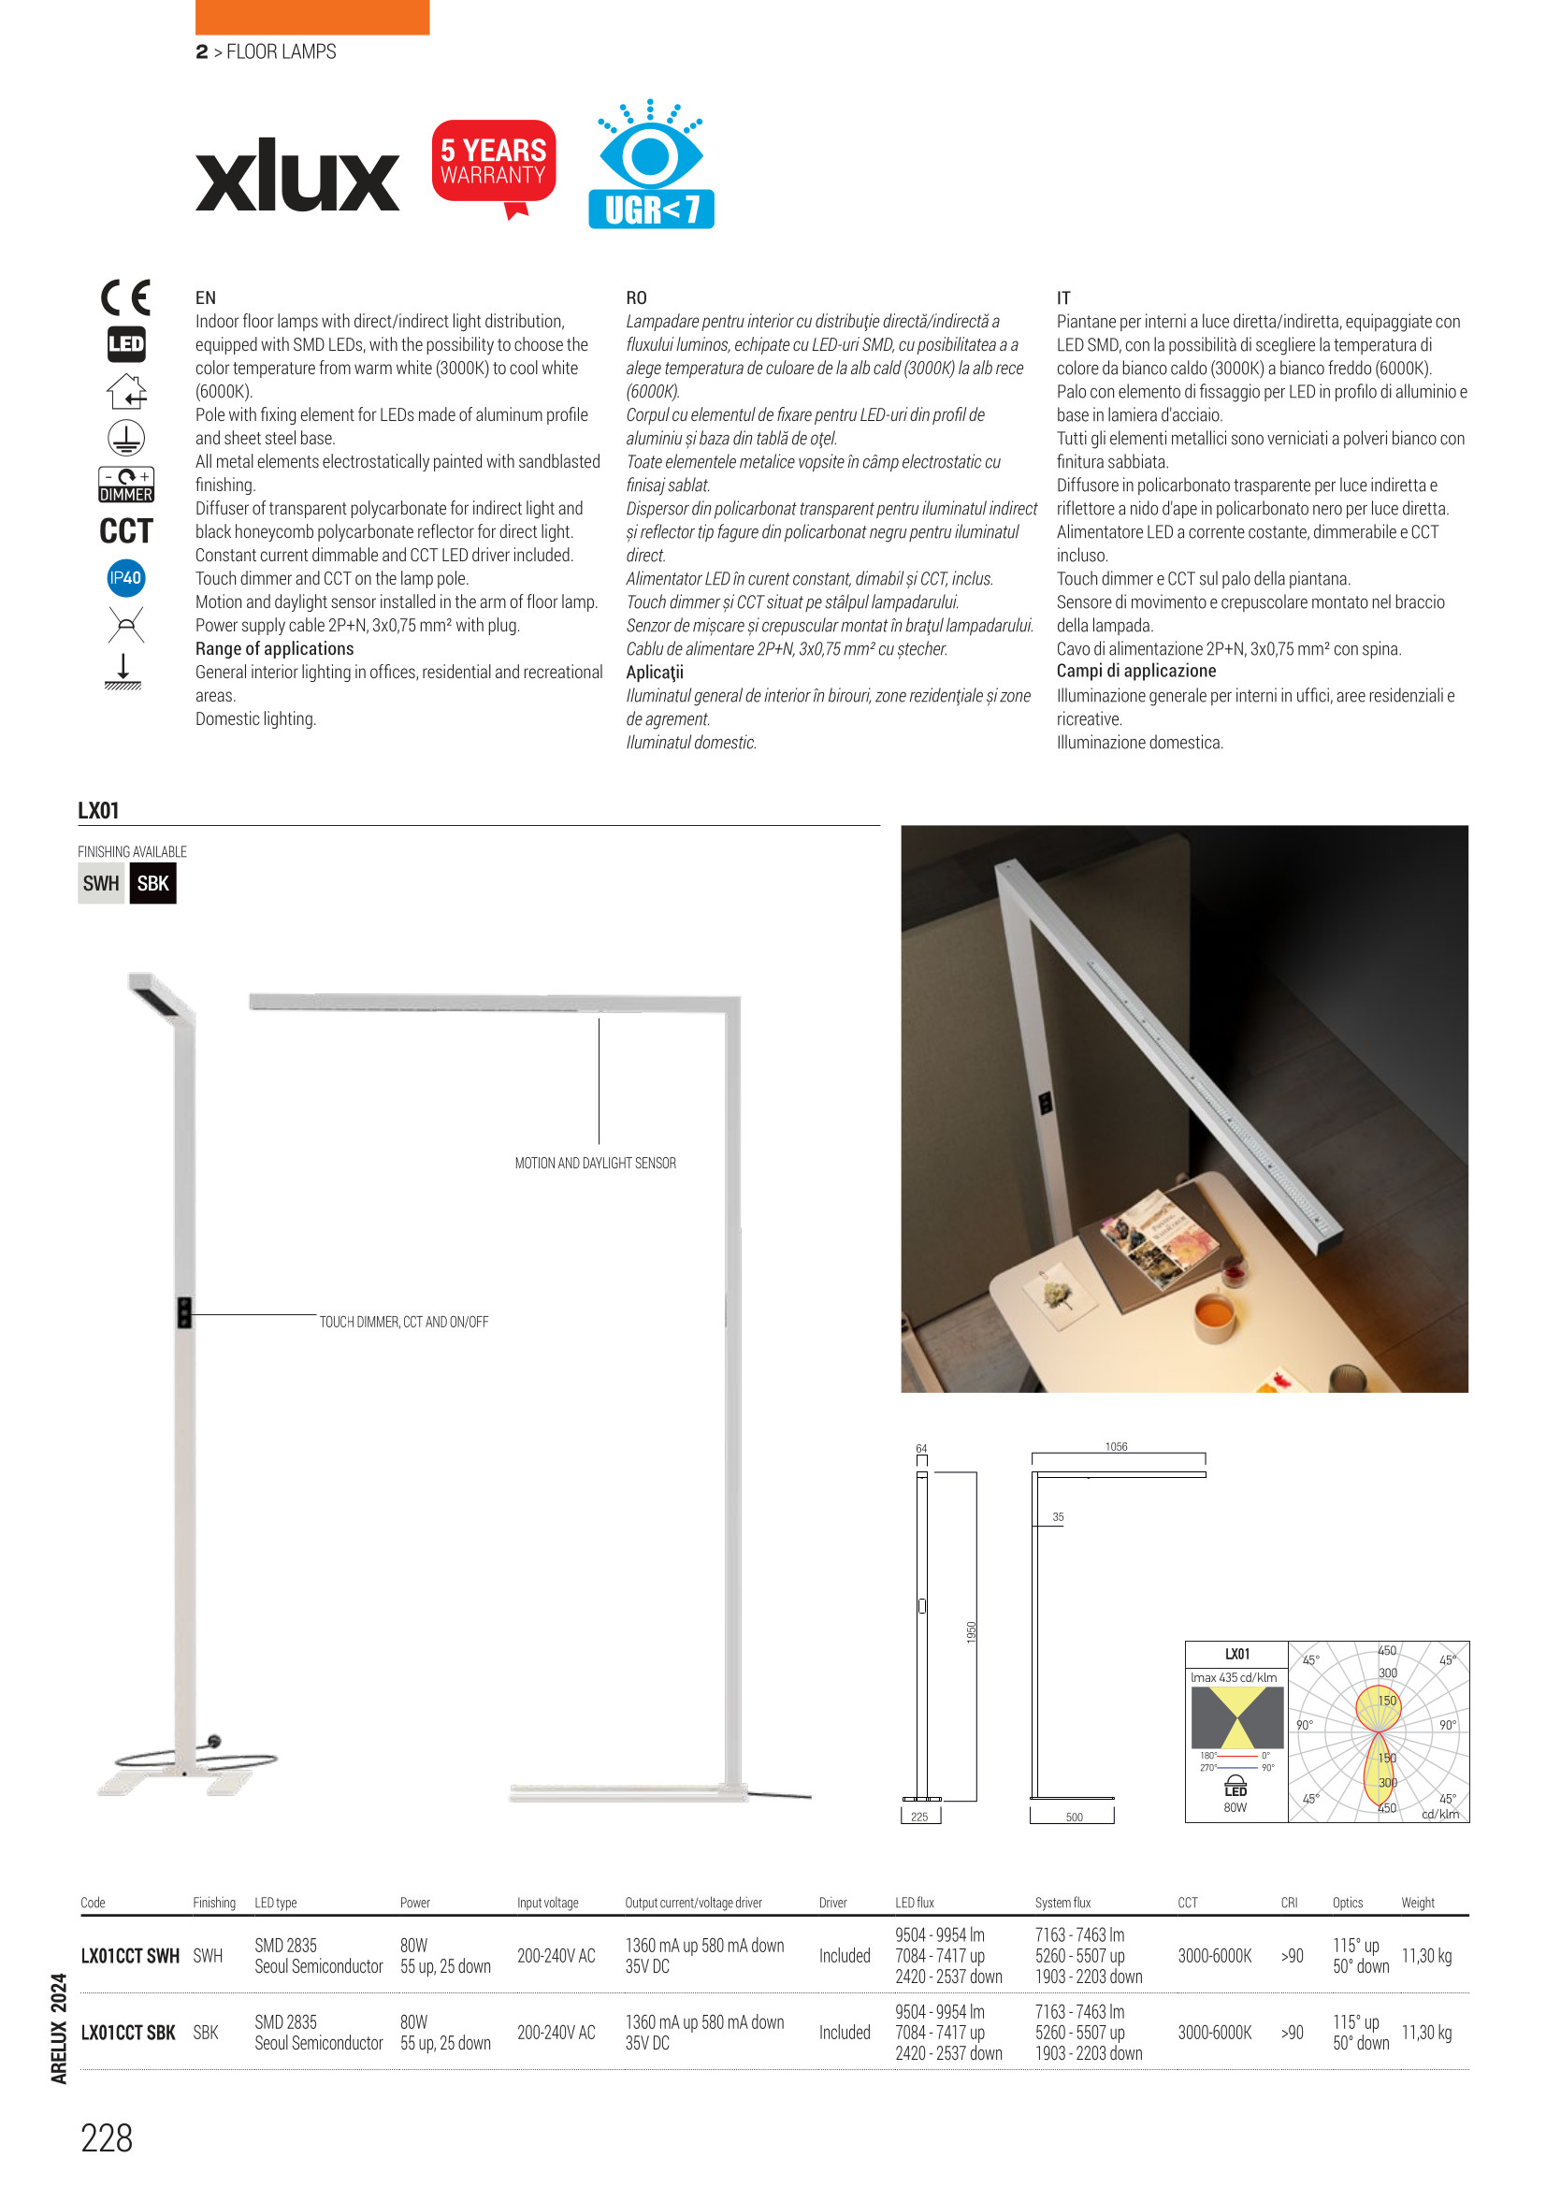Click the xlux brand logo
(297, 176)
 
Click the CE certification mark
(125, 298)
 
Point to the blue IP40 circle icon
(125, 578)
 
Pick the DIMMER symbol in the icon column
(125, 485)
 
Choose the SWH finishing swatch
(101, 883)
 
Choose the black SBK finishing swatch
(152, 883)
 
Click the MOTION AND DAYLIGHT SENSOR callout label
(596, 1163)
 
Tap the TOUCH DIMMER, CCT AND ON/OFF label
(404, 1322)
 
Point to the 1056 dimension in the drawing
(1117, 1447)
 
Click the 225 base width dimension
(919, 1817)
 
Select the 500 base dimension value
(1074, 1817)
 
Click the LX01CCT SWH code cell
(130, 1956)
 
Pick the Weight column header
(1418, 1903)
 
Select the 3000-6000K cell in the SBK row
(1215, 2033)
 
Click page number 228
(107, 2138)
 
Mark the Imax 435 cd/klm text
(1234, 1677)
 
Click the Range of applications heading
(274, 648)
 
